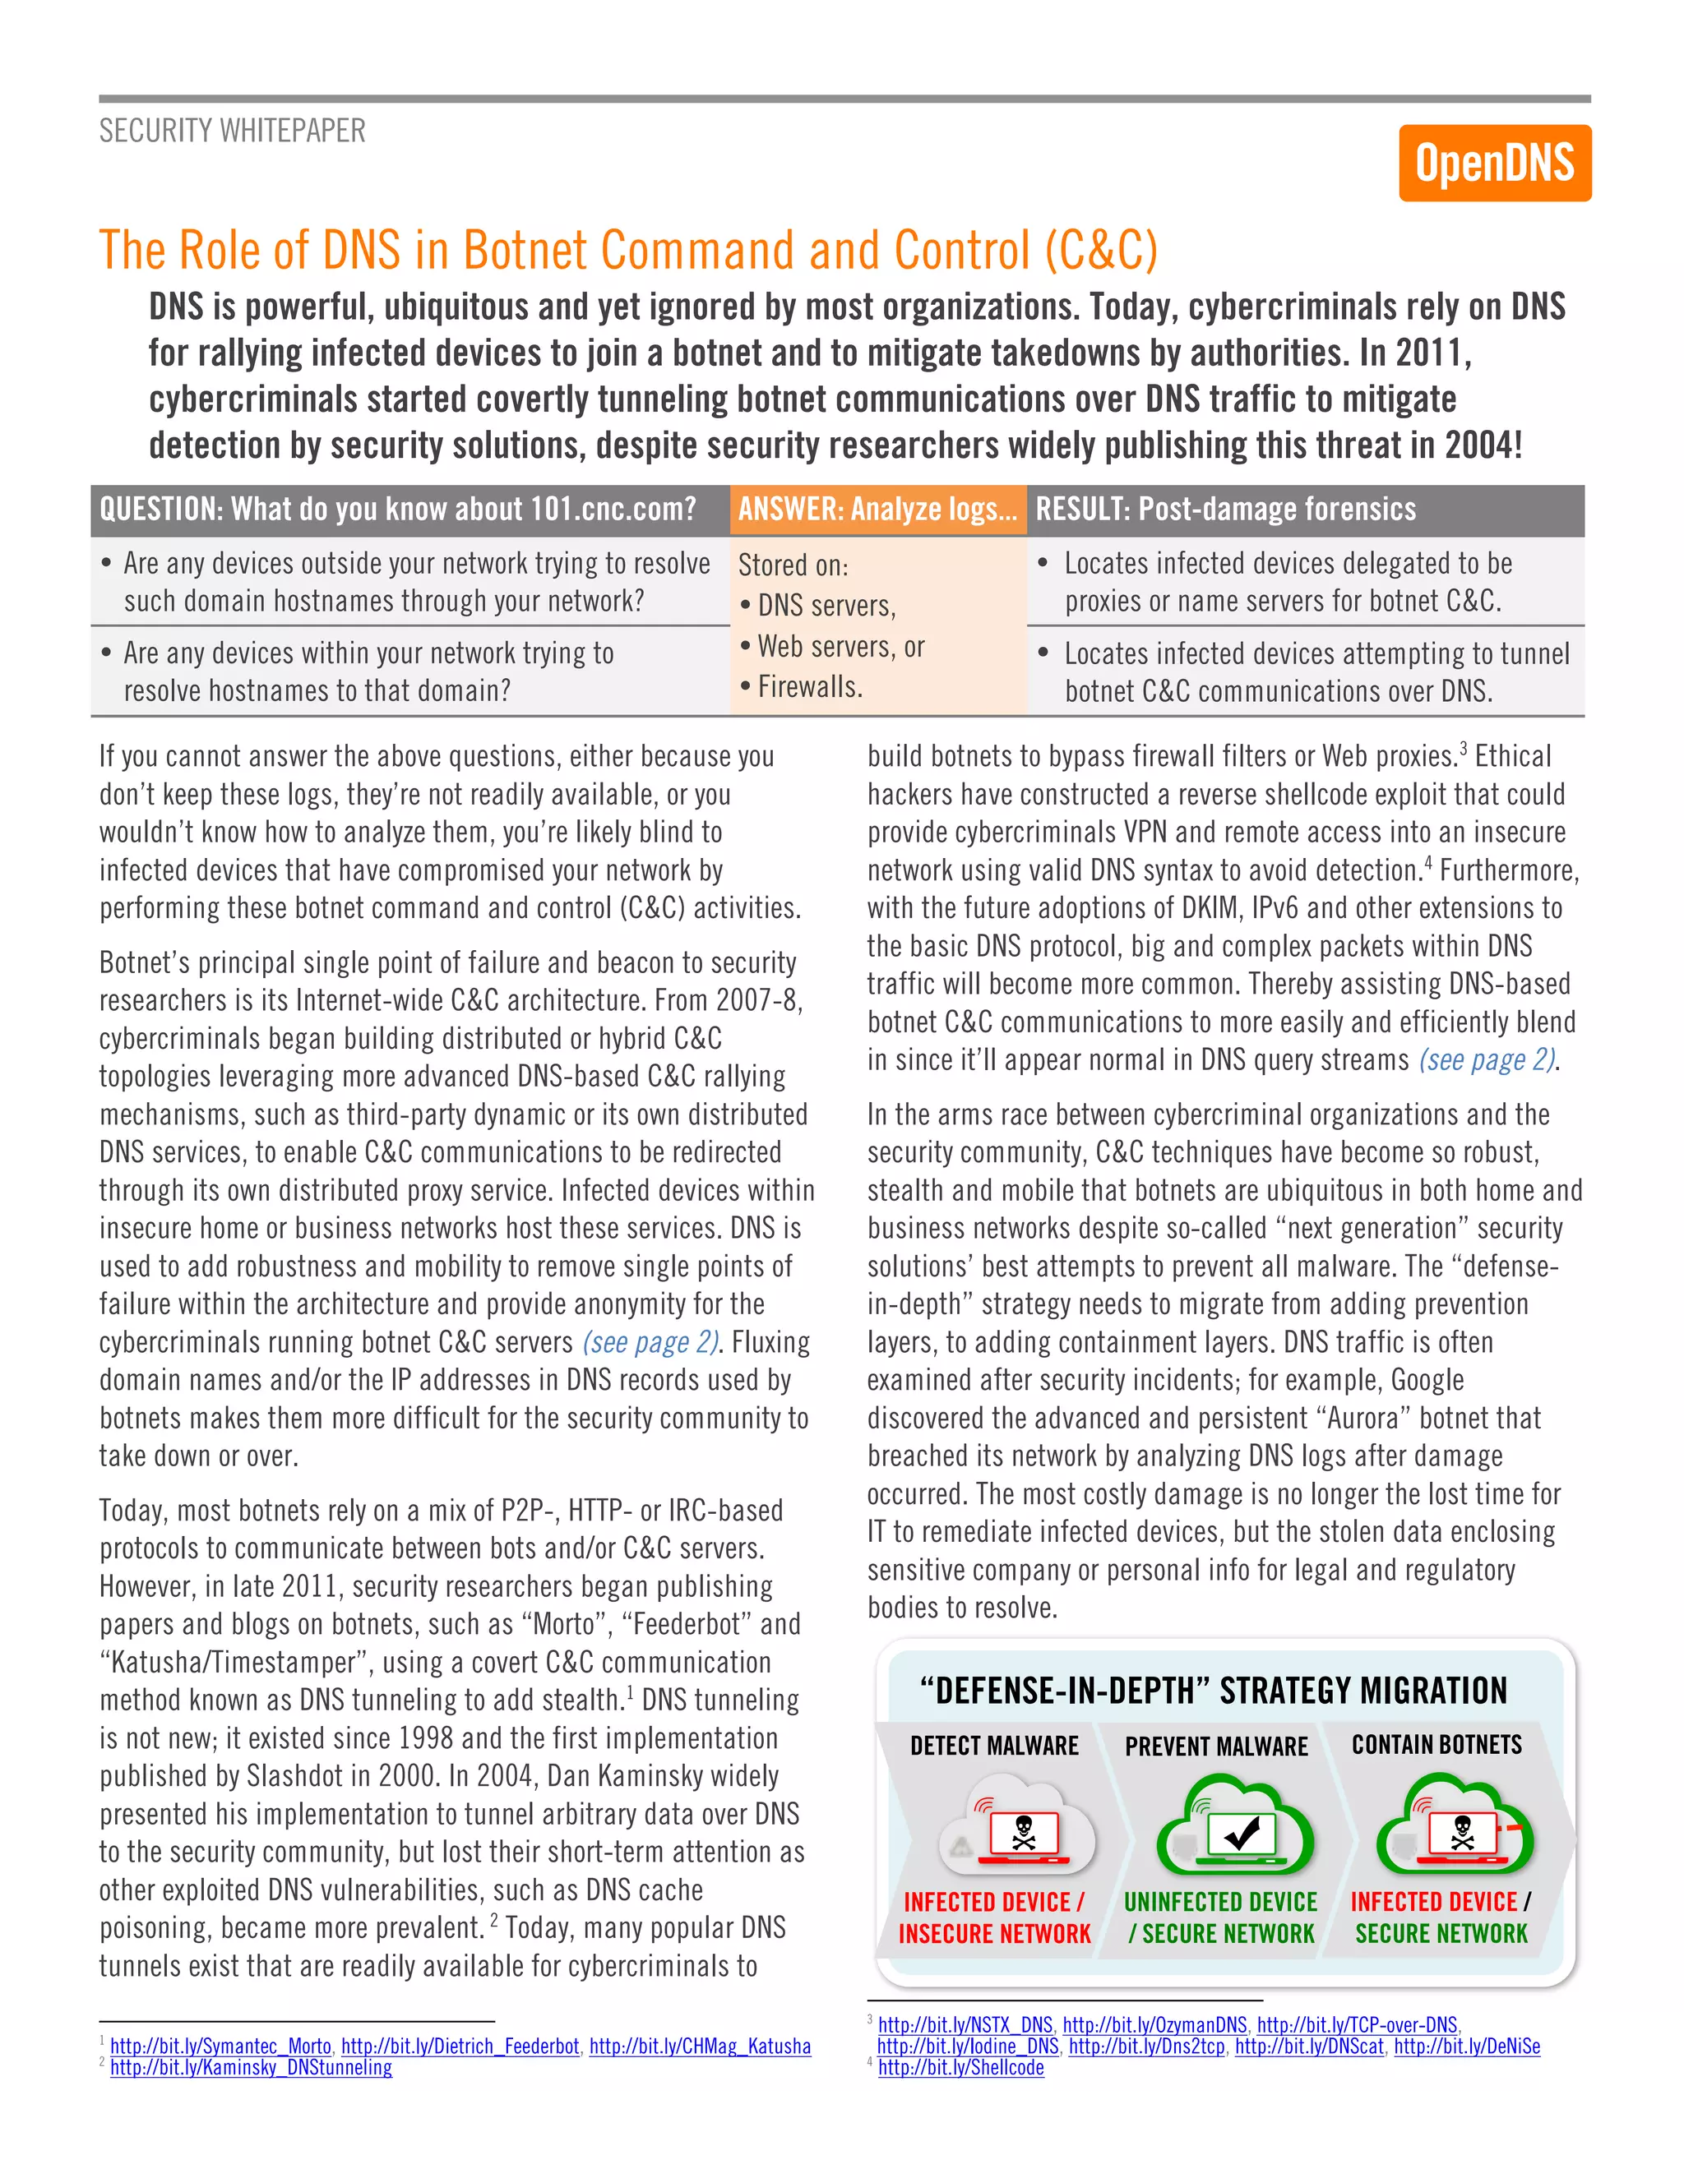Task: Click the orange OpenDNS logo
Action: tap(1493, 163)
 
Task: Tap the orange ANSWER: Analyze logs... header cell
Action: tap(877, 510)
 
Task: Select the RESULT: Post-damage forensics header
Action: tap(1225, 510)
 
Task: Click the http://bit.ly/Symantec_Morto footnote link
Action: tap(220, 2046)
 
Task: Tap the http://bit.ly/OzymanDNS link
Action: tap(1154, 2025)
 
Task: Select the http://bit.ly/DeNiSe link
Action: tap(1467, 2046)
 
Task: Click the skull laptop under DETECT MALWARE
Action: tap(1023, 1835)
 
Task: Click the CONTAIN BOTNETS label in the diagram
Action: tap(1436, 1745)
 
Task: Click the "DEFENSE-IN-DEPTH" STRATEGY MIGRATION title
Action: tap(1213, 1691)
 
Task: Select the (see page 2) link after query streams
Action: tap(1487, 1060)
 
